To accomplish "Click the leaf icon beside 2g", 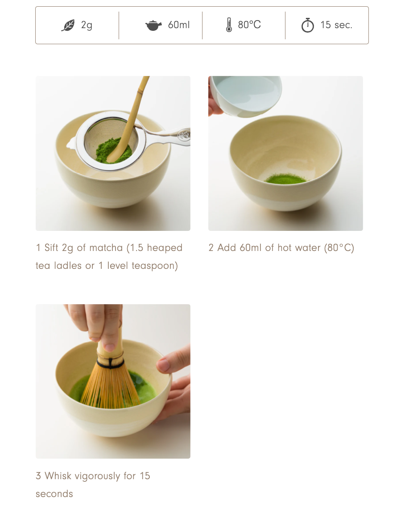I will [68, 25].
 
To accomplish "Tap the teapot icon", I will [153, 25].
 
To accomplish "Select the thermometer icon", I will [229, 25].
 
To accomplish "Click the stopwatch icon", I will [307, 25].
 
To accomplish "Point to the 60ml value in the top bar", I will [179, 25].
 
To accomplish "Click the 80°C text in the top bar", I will [249, 25].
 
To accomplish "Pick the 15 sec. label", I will [336, 25].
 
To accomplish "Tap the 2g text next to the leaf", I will [87, 25].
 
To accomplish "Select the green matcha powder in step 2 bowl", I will [285, 179].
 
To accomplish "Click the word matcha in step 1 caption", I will [106, 248].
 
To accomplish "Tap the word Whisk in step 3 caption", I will [58, 476].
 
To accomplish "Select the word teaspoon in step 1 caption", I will [154, 266].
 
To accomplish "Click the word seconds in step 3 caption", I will [54, 494].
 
